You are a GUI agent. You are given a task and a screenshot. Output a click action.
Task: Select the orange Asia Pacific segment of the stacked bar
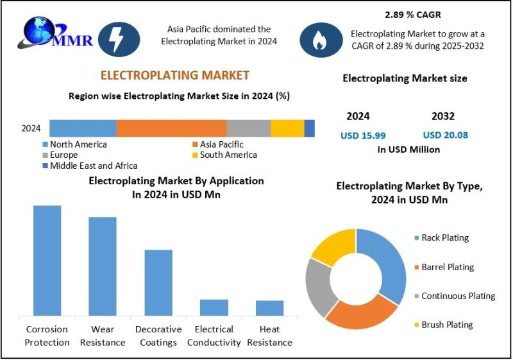tap(171, 128)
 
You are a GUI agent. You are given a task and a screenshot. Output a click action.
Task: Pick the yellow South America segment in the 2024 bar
tap(287, 128)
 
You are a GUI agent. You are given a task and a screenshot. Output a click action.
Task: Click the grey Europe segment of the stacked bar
tap(249, 128)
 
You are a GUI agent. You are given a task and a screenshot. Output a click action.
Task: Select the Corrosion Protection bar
tap(47, 261)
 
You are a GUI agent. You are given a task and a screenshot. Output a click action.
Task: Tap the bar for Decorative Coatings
tap(158, 282)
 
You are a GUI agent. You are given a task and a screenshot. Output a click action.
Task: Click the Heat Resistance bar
tap(269, 308)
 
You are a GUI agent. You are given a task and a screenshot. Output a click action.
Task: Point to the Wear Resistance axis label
tap(103, 336)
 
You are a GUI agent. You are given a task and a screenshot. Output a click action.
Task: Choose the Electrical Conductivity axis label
tap(214, 336)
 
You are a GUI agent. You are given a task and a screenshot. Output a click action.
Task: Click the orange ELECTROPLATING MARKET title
tap(174, 75)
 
